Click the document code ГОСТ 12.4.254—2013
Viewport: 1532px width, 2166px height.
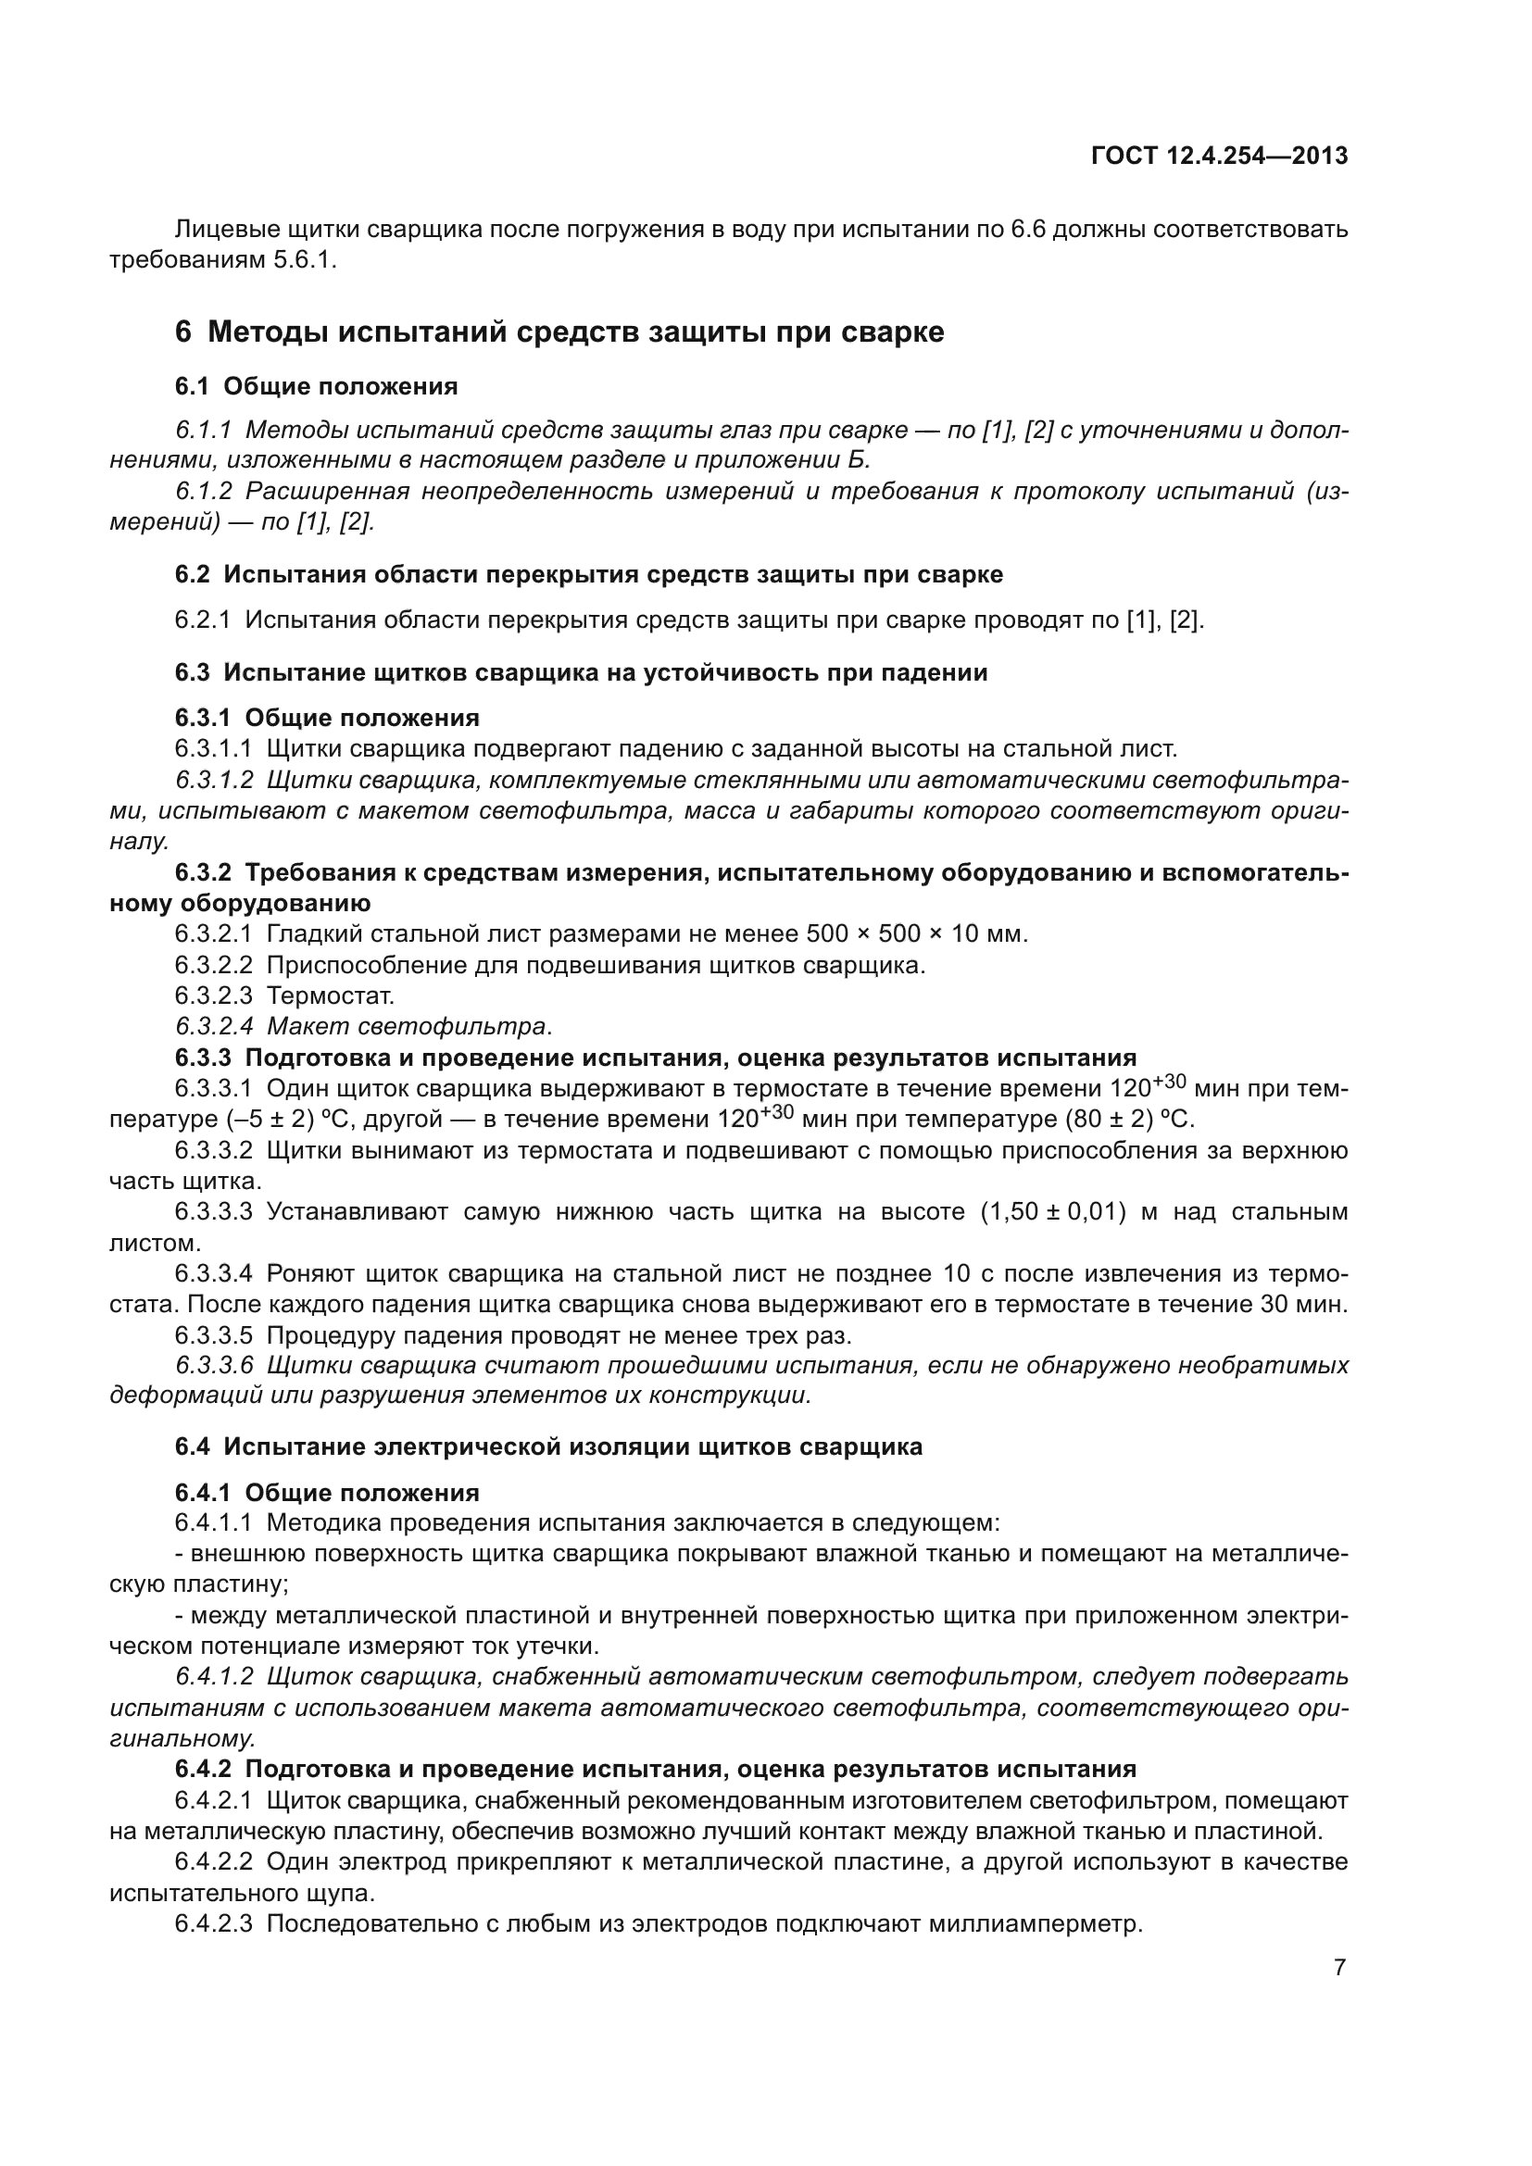pyautogui.click(x=1219, y=157)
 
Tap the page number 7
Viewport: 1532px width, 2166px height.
pyautogui.click(x=1339, y=1968)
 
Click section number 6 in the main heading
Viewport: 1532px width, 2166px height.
pyautogui.click(x=183, y=333)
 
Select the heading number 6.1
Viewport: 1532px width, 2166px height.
pyautogui.click(x=192, y=387)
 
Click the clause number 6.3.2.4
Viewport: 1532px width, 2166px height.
pyautogui.click(x=213, y=1026)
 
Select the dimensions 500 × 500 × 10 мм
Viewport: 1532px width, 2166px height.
pyautogui.click(x=916, y=934)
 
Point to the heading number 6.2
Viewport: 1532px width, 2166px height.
pyautogui.click(x=192, y=574)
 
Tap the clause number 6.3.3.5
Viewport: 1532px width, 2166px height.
pyautogui.click(x=213, y=1336)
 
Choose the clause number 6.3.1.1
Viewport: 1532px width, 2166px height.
pyautogui.click(x=213, y=749)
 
